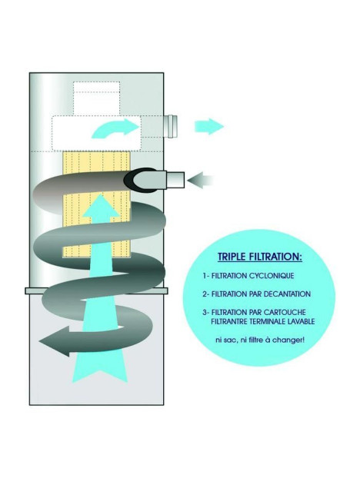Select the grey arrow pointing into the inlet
coord(202,181)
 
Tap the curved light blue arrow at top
coord(115,127)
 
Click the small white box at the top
coord(97,99)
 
